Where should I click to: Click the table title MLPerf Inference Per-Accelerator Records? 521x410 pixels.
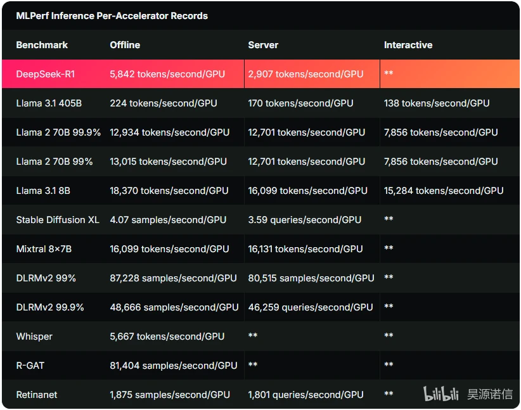click(112, 16)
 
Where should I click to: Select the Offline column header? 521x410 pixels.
click(125, 45)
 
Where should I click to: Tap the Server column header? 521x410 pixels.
click(263, 45)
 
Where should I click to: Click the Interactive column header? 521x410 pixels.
click(408, 45)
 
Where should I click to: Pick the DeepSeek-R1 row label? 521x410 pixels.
click(46, 74)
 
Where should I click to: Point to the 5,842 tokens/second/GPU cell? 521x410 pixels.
click(167, 74)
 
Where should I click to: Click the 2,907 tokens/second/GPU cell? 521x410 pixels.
click(306, 74)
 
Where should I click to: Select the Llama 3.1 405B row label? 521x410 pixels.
click(49, 103)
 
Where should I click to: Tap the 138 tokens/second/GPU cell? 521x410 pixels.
click(437, 103)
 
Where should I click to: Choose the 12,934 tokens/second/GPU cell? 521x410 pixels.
click(170, 132)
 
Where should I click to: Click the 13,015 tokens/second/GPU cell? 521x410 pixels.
click(169, 162)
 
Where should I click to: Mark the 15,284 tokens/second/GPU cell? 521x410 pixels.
click(444, 190)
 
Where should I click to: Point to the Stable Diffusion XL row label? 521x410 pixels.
click(58, 220)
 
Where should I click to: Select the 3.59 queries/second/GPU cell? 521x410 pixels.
click(305, 220)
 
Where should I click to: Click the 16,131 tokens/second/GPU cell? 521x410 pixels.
click(306, 249)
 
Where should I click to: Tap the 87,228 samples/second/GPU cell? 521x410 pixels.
click(174, 278)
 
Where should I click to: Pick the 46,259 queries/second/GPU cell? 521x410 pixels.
click(311, 307)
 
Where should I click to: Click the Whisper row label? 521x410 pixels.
click(34, 336)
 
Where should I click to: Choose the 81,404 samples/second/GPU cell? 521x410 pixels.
click(174, 366)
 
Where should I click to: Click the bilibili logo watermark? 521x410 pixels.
click(441, 394)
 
